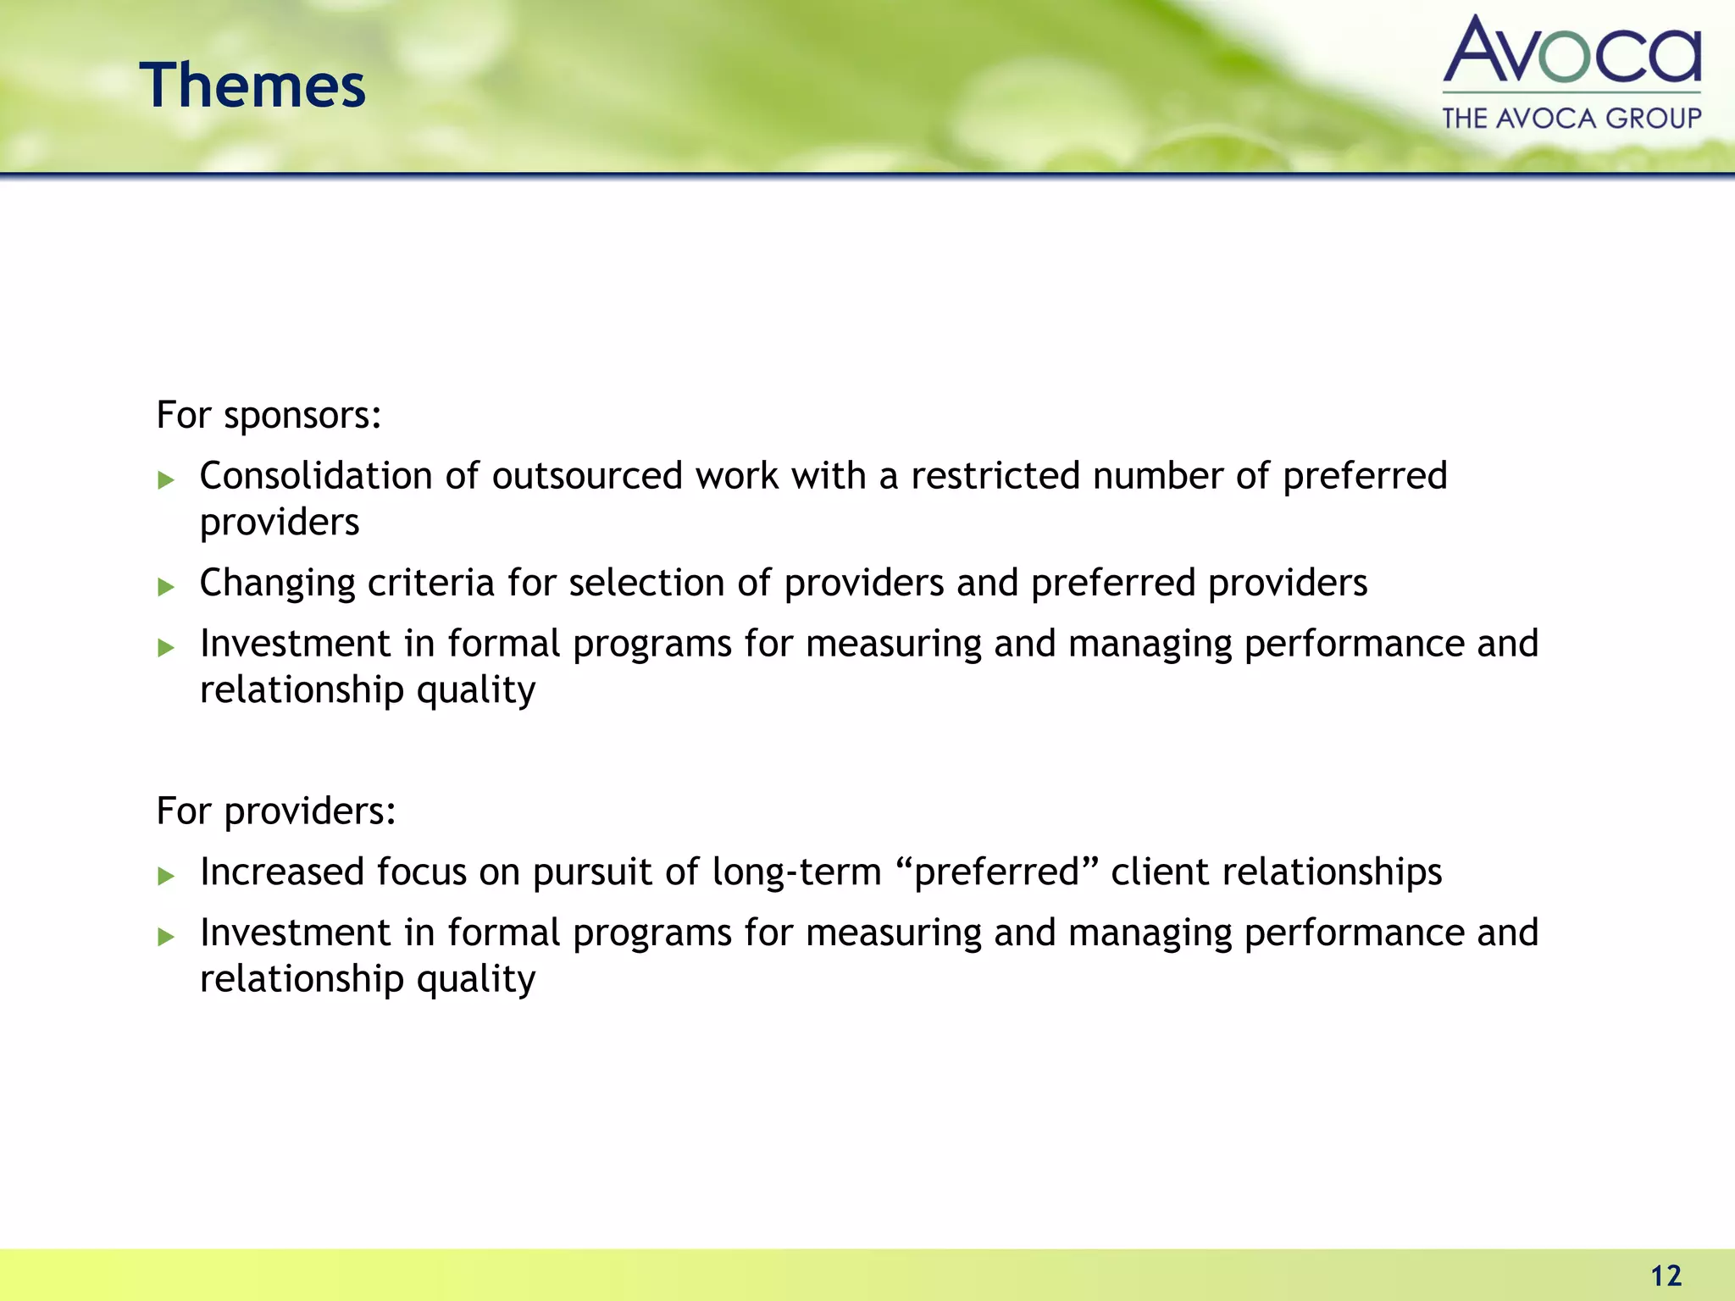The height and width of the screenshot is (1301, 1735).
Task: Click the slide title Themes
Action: pyautogui.click(x=252, y=86)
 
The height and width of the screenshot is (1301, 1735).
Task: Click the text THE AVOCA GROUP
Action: pyautogui.click(x=1571, y=118)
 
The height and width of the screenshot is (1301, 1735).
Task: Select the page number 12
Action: pyautogui.click(x=1666, y=1276)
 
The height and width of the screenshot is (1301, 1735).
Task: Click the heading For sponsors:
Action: pyautogui.click(x=269, y=415)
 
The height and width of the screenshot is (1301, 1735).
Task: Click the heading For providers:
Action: pyautogui.click(x=276, y=811)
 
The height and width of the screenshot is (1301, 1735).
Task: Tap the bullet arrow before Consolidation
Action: pyautogui.click(x=166, y=480)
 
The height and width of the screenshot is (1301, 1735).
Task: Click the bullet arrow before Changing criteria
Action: pyautogui.click(x=166, y=587)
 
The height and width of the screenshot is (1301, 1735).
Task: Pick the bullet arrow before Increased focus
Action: pyautogui.click(x=166, y=876)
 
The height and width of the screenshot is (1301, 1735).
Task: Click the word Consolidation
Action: pyautogui.click(x=315, y=476)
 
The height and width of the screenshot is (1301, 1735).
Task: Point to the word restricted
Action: pyautogui.click(x=995, y=476)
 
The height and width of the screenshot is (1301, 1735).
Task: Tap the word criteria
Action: pyautogui.click(x=430, y=583)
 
